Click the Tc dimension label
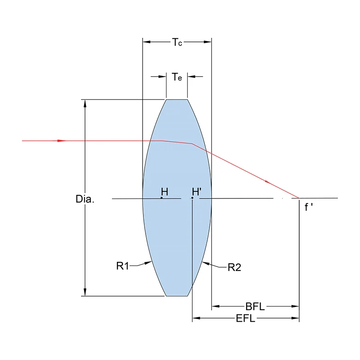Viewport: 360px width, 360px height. (x=176, y=42)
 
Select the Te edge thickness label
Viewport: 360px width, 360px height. (x=177, y=77)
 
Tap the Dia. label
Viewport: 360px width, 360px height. (x=85, y=199)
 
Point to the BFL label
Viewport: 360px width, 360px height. (x=255, y=307)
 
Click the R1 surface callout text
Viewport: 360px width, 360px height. (x=123, y=266)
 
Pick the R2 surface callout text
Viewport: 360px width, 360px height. (x=234, y=267)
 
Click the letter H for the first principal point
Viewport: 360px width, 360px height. (x=164, y=192)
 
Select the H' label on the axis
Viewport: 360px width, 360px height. (x=196, y=192)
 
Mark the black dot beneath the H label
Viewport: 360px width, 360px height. (x=162, y=198)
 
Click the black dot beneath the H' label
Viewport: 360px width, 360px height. (x=192, y=198)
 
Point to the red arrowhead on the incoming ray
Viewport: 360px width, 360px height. (x=61, y=141)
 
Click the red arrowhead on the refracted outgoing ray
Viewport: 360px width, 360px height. (x=268, y=182)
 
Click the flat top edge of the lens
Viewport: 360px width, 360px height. (x=177, y=99)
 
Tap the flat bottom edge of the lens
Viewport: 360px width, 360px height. (x=177, y=296)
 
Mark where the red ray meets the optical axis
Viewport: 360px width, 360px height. (x=299, y=198)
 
